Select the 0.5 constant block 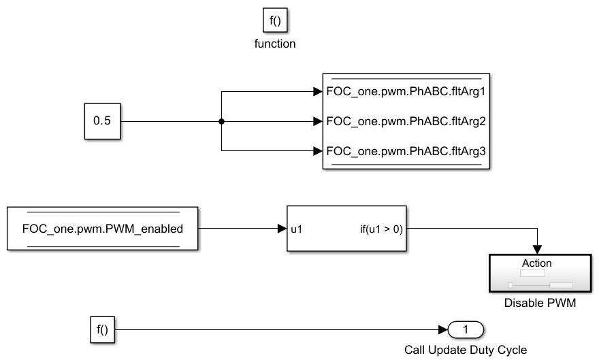pyautogui.click(x=102, y=122)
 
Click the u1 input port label pyautogui.click(x=297, y=229)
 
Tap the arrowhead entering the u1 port pyautogui.click(x=281, y=229)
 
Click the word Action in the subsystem pyautogui.click(x=536, y=263)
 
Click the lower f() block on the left pyautogui.click(x=102, y=330)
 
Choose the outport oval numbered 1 pyautogui.click(x=466, y=330)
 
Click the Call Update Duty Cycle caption pyautogui.click(x=466, y=350)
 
